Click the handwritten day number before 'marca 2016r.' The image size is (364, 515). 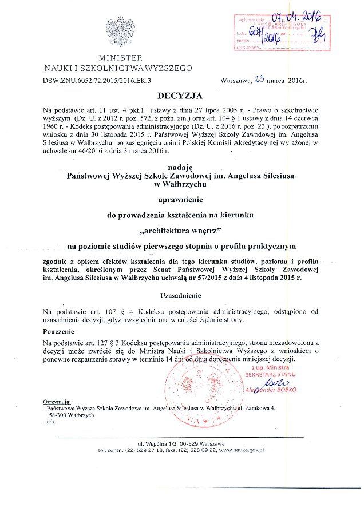[x=259, y=81]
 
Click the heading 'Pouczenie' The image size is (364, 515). [x=60, y=331]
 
